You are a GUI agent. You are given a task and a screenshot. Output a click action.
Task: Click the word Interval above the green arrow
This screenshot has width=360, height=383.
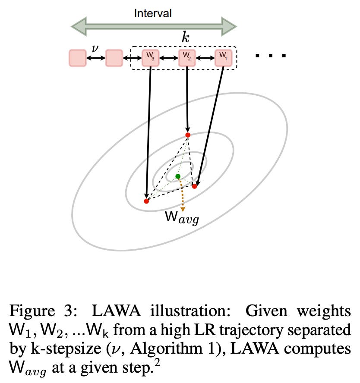153,13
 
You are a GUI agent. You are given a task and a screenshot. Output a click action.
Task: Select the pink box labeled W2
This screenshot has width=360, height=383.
187,58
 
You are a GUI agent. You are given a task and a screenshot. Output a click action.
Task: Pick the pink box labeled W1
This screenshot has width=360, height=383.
223,58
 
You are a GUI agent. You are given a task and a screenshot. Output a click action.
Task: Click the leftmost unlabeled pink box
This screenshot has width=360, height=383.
77,58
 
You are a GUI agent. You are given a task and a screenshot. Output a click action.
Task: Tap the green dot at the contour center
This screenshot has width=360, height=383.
178,176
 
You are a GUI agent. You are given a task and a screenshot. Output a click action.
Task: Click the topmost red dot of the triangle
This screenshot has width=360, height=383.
187,135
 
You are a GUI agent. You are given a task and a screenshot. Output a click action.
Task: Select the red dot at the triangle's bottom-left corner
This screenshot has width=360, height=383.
146,201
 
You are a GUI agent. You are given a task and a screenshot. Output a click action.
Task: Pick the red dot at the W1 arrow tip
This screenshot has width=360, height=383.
194,186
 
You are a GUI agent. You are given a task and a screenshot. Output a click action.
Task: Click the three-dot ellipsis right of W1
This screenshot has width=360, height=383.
271,56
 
